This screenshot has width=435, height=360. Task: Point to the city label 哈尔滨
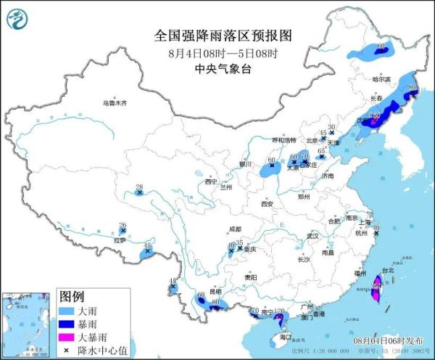[x=381, y=78]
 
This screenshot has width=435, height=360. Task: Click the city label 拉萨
[x=120, y=240]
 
